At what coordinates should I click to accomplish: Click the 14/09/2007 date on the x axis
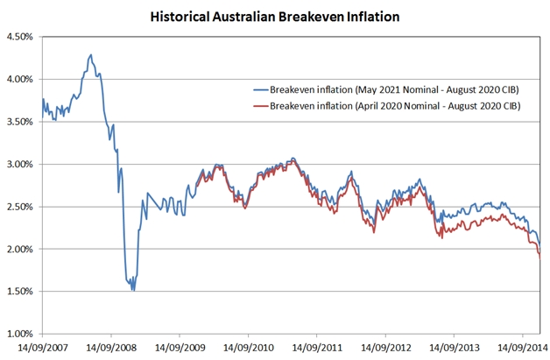pos(43,349)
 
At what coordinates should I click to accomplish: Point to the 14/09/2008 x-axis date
pos(111,349)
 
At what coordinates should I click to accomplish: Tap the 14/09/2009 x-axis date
pos(180,349)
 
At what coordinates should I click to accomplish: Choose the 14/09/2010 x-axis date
pos(248,349)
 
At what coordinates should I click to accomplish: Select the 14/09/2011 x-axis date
pos(317,349)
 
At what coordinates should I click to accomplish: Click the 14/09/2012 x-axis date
pos(385,349)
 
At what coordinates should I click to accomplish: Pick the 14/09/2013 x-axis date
pos(454,349)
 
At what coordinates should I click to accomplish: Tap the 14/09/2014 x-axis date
pos(522,349)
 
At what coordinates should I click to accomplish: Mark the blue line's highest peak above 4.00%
pos(91,54)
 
